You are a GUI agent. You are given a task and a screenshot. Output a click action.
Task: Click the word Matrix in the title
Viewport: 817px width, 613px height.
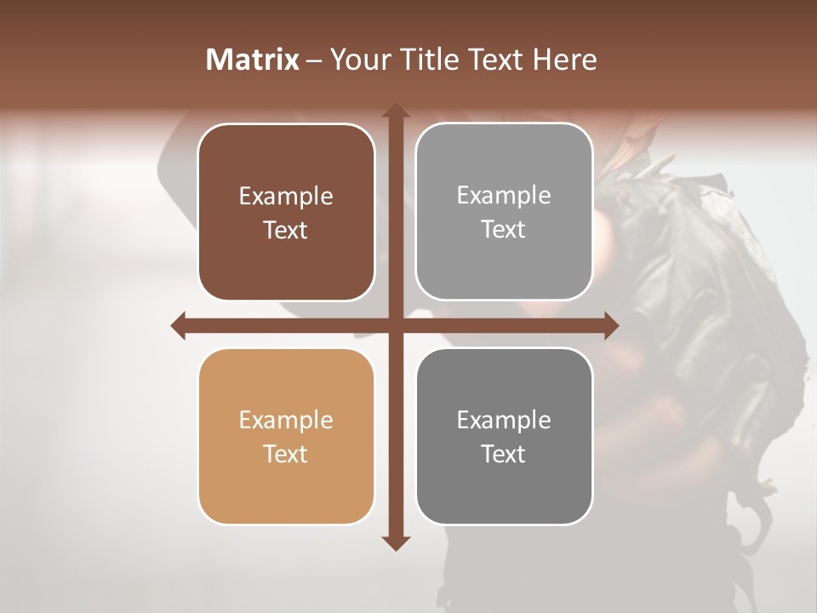[252, 60]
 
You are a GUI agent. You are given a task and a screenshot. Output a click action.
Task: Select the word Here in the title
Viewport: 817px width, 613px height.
[564, 60]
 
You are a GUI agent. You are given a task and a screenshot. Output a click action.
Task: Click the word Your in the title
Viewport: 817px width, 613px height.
[357, 60]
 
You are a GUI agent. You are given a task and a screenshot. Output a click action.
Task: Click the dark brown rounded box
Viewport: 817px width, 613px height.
[286, 212]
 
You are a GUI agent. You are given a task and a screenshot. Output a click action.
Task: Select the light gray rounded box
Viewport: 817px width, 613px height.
[504, 211]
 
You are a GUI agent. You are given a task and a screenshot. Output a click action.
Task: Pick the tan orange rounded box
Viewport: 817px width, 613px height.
[286, 436]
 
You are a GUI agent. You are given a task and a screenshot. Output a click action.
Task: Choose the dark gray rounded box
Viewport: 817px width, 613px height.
[504, 436]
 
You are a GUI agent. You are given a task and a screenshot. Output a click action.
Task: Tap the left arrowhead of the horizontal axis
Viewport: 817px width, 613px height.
[179, 325]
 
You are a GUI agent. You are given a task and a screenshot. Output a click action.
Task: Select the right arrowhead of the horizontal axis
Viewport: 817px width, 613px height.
[610, 325]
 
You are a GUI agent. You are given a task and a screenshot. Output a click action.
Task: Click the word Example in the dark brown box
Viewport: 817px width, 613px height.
[286, 196]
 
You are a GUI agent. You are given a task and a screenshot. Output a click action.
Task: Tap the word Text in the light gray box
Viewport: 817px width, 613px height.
[504, 229]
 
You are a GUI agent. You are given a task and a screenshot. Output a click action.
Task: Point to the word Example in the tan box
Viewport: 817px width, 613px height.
[286, 420]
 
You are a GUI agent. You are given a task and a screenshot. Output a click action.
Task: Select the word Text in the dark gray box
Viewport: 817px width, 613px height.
[504, 454]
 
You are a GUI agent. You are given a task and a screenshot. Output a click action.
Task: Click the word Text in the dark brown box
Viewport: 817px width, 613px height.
[286, 230]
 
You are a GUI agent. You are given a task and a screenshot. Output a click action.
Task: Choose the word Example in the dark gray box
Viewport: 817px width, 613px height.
[504, 420]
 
